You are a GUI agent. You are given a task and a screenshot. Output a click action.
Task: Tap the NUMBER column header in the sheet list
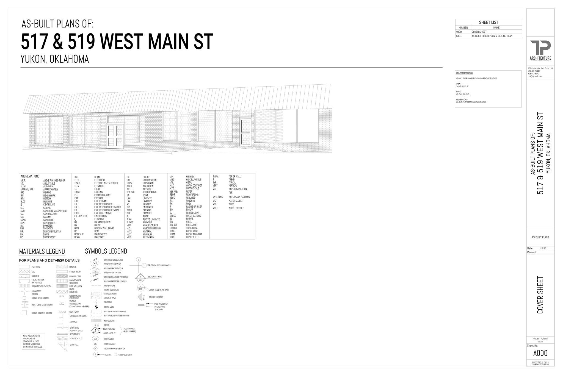coord(463,28)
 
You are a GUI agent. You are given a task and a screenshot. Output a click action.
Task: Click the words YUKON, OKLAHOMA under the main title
coord(54,59)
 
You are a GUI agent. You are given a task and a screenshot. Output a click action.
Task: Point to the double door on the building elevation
coord(115,136)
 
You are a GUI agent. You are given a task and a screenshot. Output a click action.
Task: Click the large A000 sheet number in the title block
coord(540,353)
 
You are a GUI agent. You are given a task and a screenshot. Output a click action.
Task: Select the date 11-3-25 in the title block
coord(543,248)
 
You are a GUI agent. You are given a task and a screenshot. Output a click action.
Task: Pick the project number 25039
coord(540,342)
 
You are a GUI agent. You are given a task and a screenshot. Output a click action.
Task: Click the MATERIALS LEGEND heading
coord(42,251)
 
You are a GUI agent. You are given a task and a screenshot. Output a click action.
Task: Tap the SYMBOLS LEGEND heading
coord(106,251)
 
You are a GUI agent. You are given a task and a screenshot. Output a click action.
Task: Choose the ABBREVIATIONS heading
coord(30,176)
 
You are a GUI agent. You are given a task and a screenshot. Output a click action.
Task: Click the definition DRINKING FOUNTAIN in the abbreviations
coord(52,232)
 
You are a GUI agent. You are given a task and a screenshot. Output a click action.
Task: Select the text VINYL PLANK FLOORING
coord(239,197)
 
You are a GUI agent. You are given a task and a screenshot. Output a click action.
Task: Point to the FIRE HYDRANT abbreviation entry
coord(101,201)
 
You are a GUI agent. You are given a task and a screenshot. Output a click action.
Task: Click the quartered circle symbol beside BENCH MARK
coord(96,307)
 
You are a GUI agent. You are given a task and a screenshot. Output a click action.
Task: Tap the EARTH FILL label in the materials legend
coord(73,345)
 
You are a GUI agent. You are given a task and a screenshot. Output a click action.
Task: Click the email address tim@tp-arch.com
coord(535,76)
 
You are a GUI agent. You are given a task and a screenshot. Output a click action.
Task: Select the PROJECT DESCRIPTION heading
coord(465,73)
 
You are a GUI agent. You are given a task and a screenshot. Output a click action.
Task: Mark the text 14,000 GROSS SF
coord(462,87)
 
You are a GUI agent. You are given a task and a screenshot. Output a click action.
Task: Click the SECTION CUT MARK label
coord(155,277)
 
